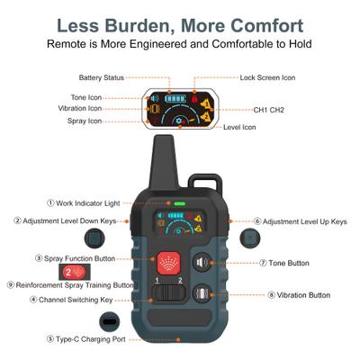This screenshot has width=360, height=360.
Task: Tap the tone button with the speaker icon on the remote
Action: point(202,263)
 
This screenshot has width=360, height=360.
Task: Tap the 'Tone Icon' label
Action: point(86,97)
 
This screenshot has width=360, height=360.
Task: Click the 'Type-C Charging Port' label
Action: point(86,339)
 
